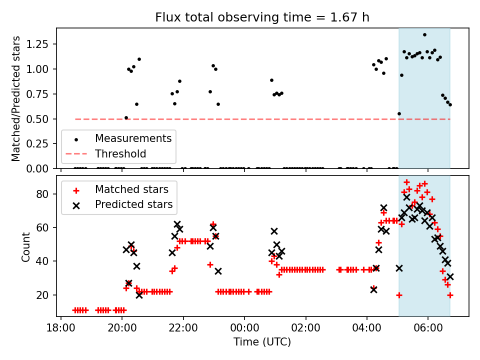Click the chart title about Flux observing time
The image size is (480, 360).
[x=262, y=17]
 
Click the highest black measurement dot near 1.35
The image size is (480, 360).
[x=424, y=34]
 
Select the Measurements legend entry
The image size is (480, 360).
[x=133, y=138]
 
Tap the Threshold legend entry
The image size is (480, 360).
[x=120, y=153]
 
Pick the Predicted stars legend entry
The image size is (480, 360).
[x=133, y=204]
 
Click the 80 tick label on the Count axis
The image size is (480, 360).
[x=46, y=194]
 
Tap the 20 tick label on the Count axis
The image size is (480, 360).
[x=46, y=295]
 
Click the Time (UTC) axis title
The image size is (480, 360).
[x=262, y=342]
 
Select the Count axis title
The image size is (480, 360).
[x=25, y=246]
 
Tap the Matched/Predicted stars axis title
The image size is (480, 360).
[x=16, y=98]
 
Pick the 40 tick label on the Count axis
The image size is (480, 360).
[x=46, y=261]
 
